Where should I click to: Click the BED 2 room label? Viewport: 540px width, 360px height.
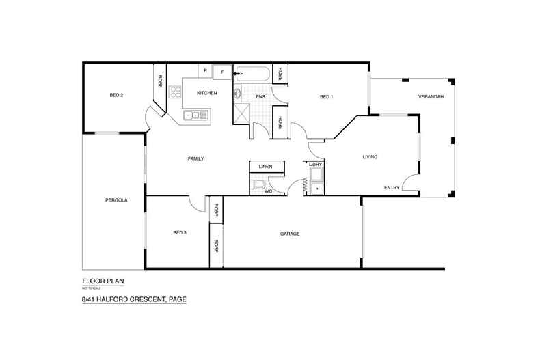[116, 95]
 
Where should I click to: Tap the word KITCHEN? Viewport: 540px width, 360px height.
[207, 93]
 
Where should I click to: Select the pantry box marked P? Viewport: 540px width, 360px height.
[205, 70]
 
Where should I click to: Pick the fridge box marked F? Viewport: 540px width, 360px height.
[222, 71]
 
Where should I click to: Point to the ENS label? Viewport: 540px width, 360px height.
[260, 97]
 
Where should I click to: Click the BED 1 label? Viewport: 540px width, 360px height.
[326, 97]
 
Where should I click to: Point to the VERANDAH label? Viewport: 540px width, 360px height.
[431, 97]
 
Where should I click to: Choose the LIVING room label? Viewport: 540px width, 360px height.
[370, 157]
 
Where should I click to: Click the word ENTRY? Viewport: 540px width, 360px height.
[391, 188]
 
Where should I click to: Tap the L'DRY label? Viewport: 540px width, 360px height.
[315, 165]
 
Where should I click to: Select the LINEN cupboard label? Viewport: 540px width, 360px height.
[266, 167]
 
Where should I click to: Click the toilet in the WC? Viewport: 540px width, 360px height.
[257, 184]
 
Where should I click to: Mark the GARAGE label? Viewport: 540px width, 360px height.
[290, 234]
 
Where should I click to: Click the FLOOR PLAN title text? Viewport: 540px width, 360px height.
[103, 281]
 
